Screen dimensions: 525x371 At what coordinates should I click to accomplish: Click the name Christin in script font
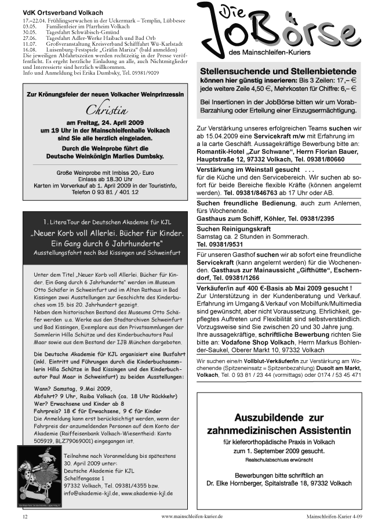point(107,110)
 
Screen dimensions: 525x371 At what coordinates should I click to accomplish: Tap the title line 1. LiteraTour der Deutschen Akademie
point(105,222)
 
